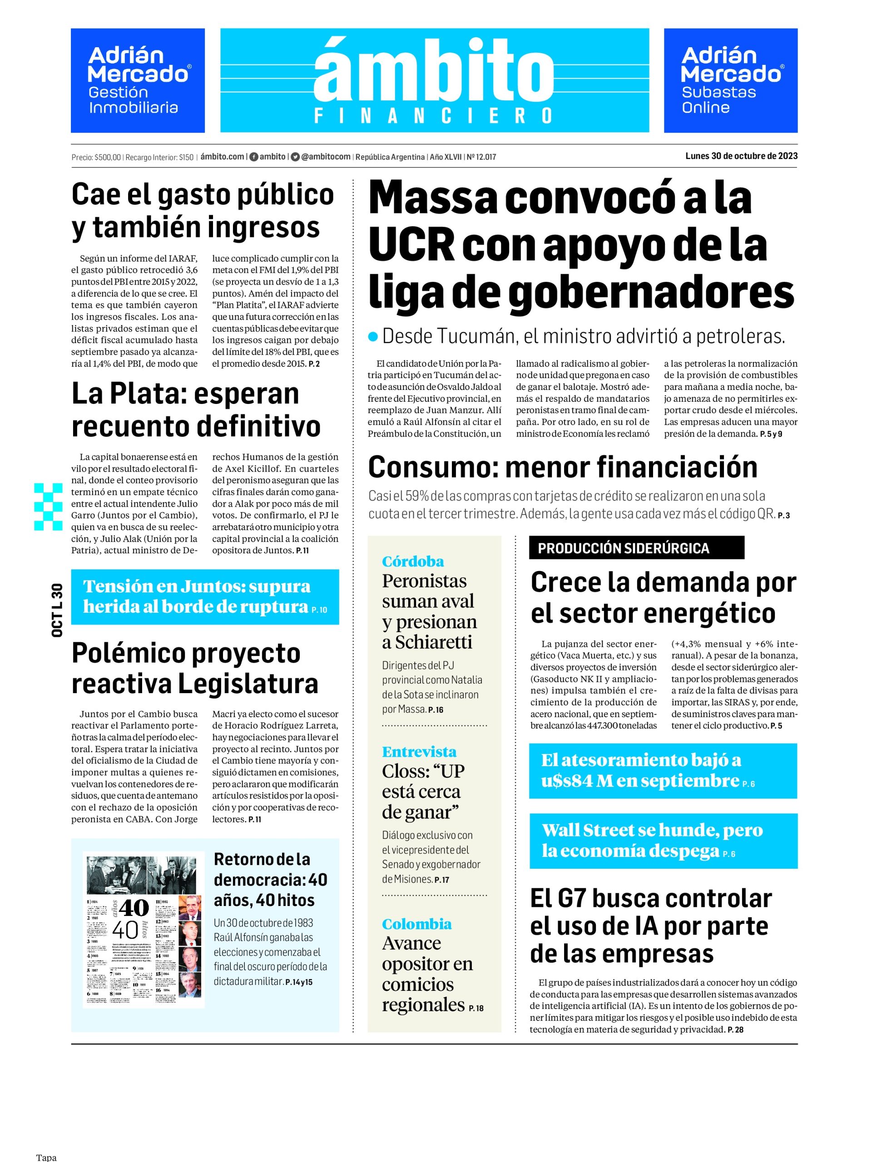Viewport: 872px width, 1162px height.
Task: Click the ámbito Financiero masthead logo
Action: tap(434, 80)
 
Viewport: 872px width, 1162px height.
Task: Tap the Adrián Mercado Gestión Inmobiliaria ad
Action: tap(138, 80)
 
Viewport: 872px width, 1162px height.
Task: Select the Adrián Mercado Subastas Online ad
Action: tap(730, 80)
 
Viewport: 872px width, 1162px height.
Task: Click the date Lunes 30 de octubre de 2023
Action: tap(741, 156)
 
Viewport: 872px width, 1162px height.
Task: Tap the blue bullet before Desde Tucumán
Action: tap(373, 337)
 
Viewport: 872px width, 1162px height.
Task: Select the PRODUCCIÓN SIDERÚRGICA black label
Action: tap(636, 548)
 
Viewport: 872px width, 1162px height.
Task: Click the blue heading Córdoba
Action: tap(412, 561)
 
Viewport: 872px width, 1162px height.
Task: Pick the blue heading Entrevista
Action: tap(419, 751)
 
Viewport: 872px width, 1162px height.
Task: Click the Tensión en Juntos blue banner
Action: tap(204, 596)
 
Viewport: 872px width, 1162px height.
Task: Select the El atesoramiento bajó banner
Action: tap(662, 770)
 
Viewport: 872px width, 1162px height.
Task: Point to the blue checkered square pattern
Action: tap(48, 507)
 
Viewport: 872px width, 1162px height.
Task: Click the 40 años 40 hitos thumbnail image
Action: tap(144, 929)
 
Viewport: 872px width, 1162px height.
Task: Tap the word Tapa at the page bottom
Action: tap(46, 1157)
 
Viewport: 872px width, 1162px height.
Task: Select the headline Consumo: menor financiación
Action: tap(562, 467)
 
